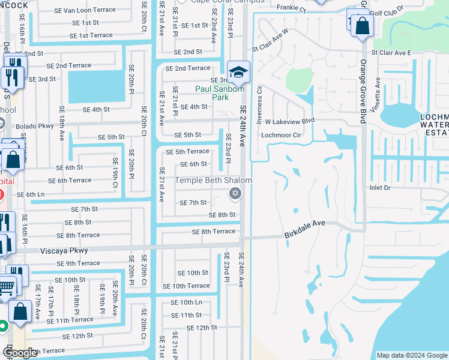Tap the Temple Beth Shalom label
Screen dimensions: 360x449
pyautogui.click(x=213, y=180)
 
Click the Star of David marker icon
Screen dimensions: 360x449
pyautogui.click(x=235, y=193)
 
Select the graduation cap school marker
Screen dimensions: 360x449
pyautogui.click(x=238, y=72)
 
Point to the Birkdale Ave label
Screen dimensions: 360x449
pyautogui.click(x=304, y=223)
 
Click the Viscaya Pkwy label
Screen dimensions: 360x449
pyautogui.click(x=64, y=250)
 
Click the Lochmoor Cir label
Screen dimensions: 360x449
pyautogui.click(x=280, y=135)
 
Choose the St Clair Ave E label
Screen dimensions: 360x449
pyautogui.click(x=391, y=53)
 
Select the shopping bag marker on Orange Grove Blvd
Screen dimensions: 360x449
pyautogui.click(x=363, y=26)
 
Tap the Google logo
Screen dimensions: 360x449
pyautogui.click(x=20, y=352)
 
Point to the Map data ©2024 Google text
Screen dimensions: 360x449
pyautogui.click(x=412, y=355)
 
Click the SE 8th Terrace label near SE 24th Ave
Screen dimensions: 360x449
pyautogui.click(x=213, y=232)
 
